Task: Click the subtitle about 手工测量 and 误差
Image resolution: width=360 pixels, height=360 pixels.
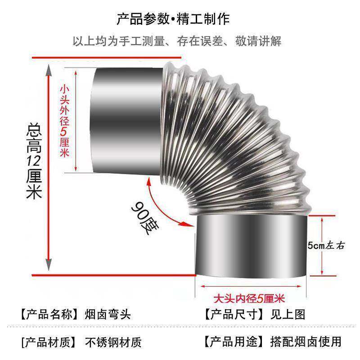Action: pyautogui.click(x=177, y=41)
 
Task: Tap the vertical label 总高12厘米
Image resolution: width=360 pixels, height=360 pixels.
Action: pyautogui.click(x=34, y=162)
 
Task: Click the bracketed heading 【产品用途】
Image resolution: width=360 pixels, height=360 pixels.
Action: pyautogui.click(x=233, y=342)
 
